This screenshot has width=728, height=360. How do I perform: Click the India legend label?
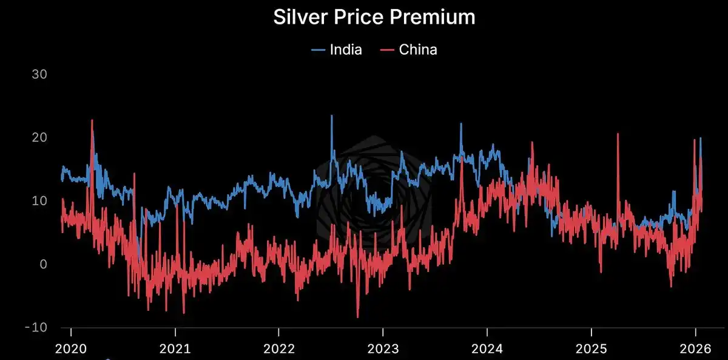click(346, 50)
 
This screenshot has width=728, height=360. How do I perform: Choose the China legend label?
click(418, 50)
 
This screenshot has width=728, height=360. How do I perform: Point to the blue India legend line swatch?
click(318, 50)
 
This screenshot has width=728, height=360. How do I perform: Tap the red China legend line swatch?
click(387, 50)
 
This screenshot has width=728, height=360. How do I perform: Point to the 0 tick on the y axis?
click(43, 264)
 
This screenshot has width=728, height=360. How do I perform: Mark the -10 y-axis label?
click(36, 328)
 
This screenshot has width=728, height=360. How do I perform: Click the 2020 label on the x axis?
click(71, 349)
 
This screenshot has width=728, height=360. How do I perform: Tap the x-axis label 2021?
click(175, 349)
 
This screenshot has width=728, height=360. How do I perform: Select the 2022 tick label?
click(278, 349)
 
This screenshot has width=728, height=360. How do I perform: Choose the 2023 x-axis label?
click(382, 349)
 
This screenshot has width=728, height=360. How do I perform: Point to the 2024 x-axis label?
click(487, 349)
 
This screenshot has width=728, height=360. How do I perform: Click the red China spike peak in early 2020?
click(92, 121)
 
